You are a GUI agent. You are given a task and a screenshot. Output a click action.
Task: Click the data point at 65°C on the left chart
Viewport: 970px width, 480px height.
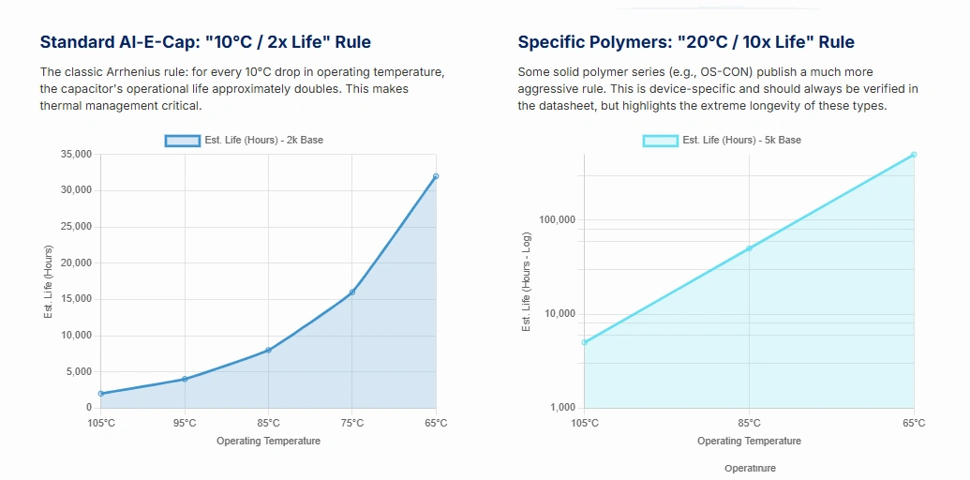(x=436, y=176)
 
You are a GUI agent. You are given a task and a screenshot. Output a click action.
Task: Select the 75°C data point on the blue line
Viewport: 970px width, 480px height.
(x=352, y=292)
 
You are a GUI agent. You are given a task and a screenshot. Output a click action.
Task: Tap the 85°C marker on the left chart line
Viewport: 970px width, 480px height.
(x=269, y=350)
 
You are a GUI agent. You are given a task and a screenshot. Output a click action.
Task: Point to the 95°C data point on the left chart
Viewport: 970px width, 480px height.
(x=185, y=379)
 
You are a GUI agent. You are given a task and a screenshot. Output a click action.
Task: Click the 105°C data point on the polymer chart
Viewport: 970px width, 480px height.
(x=584, y=342)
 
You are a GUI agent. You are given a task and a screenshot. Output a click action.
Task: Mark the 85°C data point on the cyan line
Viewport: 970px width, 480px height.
(x=749, y=248)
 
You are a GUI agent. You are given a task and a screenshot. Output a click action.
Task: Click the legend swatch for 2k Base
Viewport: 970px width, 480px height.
(x=183, y=141)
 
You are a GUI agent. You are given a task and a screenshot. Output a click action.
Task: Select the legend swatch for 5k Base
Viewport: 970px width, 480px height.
(x=661, y=141)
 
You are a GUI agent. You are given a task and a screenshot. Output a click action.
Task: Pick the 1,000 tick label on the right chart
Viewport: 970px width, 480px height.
(x=562, y=408)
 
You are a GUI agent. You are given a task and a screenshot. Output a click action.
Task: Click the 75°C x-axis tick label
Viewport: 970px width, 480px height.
(x=352, y=423)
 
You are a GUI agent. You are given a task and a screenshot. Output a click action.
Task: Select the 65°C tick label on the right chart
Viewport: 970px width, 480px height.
(x=913, y=423)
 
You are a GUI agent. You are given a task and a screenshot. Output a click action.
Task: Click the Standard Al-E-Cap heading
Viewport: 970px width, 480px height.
(x=205, y=42)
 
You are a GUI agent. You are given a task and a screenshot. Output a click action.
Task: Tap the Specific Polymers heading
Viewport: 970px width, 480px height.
(x=685, y=42)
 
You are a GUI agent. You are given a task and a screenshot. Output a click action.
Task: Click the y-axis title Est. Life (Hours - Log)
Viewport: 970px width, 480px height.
(x=527, y=281)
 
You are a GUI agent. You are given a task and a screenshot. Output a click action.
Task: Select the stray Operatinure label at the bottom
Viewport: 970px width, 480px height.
(x=750, y=468)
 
